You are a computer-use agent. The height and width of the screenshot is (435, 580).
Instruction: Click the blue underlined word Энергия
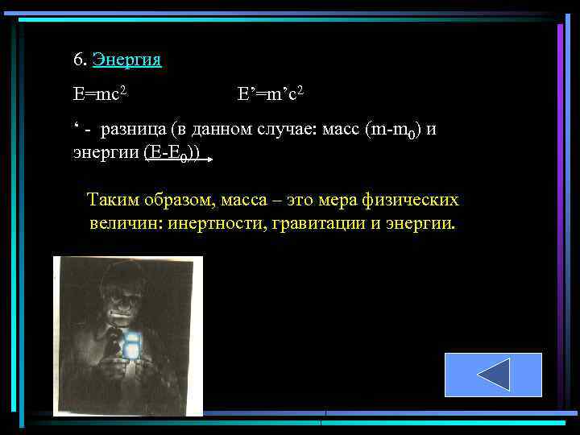[x=126, y=60]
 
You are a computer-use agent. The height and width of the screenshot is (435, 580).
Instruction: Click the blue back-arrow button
[x=493, y=375]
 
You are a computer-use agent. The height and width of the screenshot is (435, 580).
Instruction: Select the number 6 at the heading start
[x=78, y=60]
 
